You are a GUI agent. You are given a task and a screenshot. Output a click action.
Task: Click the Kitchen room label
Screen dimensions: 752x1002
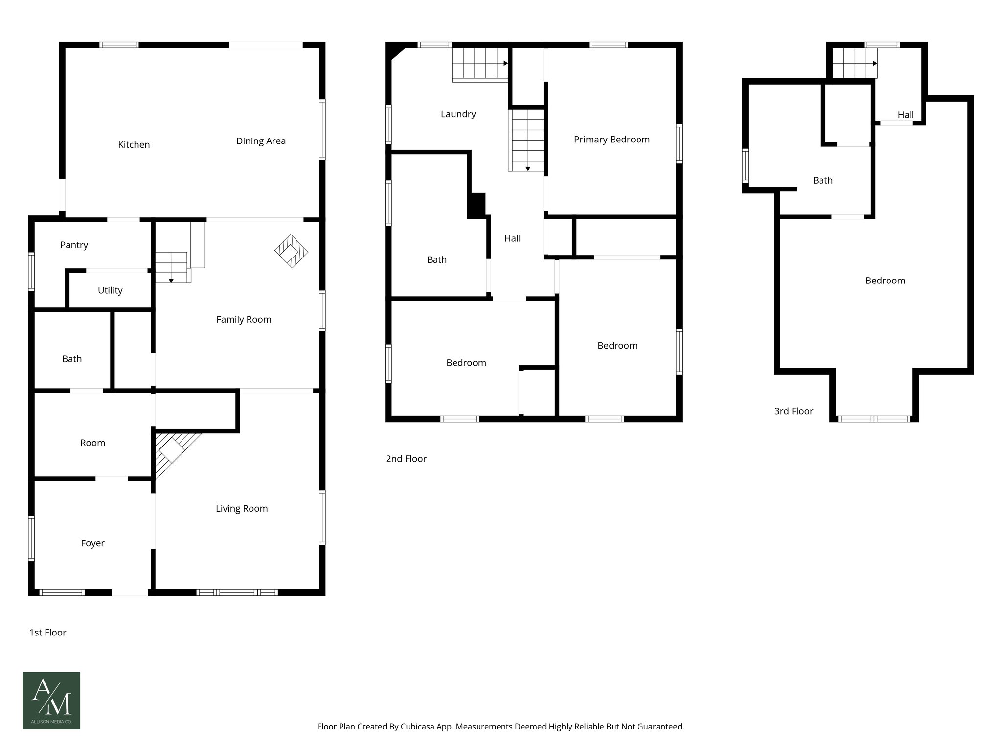[x=134, y=145]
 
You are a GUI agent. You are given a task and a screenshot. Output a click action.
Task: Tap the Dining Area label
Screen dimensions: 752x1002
[x=261, y=141]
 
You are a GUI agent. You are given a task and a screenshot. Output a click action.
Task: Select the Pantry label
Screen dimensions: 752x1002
[x=74, y=245]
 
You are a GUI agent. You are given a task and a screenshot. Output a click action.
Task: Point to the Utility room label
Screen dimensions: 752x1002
[x=110, y=290]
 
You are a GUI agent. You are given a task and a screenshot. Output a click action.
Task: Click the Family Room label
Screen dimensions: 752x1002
[x=244, y=320]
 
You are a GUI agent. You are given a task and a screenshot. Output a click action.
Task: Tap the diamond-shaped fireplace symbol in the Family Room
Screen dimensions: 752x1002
[x=291, y=252]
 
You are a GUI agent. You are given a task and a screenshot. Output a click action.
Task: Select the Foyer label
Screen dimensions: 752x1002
[x=92, y=543]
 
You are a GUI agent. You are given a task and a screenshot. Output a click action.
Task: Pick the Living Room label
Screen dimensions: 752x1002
[x=242, y=509]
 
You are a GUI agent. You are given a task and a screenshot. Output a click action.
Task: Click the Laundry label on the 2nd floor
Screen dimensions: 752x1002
[x=458, y=114]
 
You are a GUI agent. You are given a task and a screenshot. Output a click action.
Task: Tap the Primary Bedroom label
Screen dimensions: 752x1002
[x=612, y=140]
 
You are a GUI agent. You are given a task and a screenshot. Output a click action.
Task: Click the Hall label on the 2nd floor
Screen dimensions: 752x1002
[x=512, y=238]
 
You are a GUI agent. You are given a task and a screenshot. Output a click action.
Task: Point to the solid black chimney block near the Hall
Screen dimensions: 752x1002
[x=477, y=206]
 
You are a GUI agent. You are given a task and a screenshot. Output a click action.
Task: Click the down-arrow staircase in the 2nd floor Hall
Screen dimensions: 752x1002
[x=526, y=141]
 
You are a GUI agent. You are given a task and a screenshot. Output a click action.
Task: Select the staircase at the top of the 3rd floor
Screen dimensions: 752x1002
[x=854, y=63]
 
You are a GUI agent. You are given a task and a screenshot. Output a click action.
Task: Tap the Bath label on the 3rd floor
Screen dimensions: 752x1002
[x=822, y=181]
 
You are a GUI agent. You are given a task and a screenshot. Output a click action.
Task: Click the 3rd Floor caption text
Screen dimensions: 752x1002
[x=793, y=411]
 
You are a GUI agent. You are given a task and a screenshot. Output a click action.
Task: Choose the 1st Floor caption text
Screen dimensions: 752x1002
[x=47, y=633]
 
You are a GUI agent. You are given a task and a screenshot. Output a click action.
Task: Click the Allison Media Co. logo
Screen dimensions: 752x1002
[x=51, y=700]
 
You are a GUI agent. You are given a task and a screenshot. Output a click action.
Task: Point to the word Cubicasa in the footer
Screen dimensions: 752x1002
[x=419, y=727]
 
